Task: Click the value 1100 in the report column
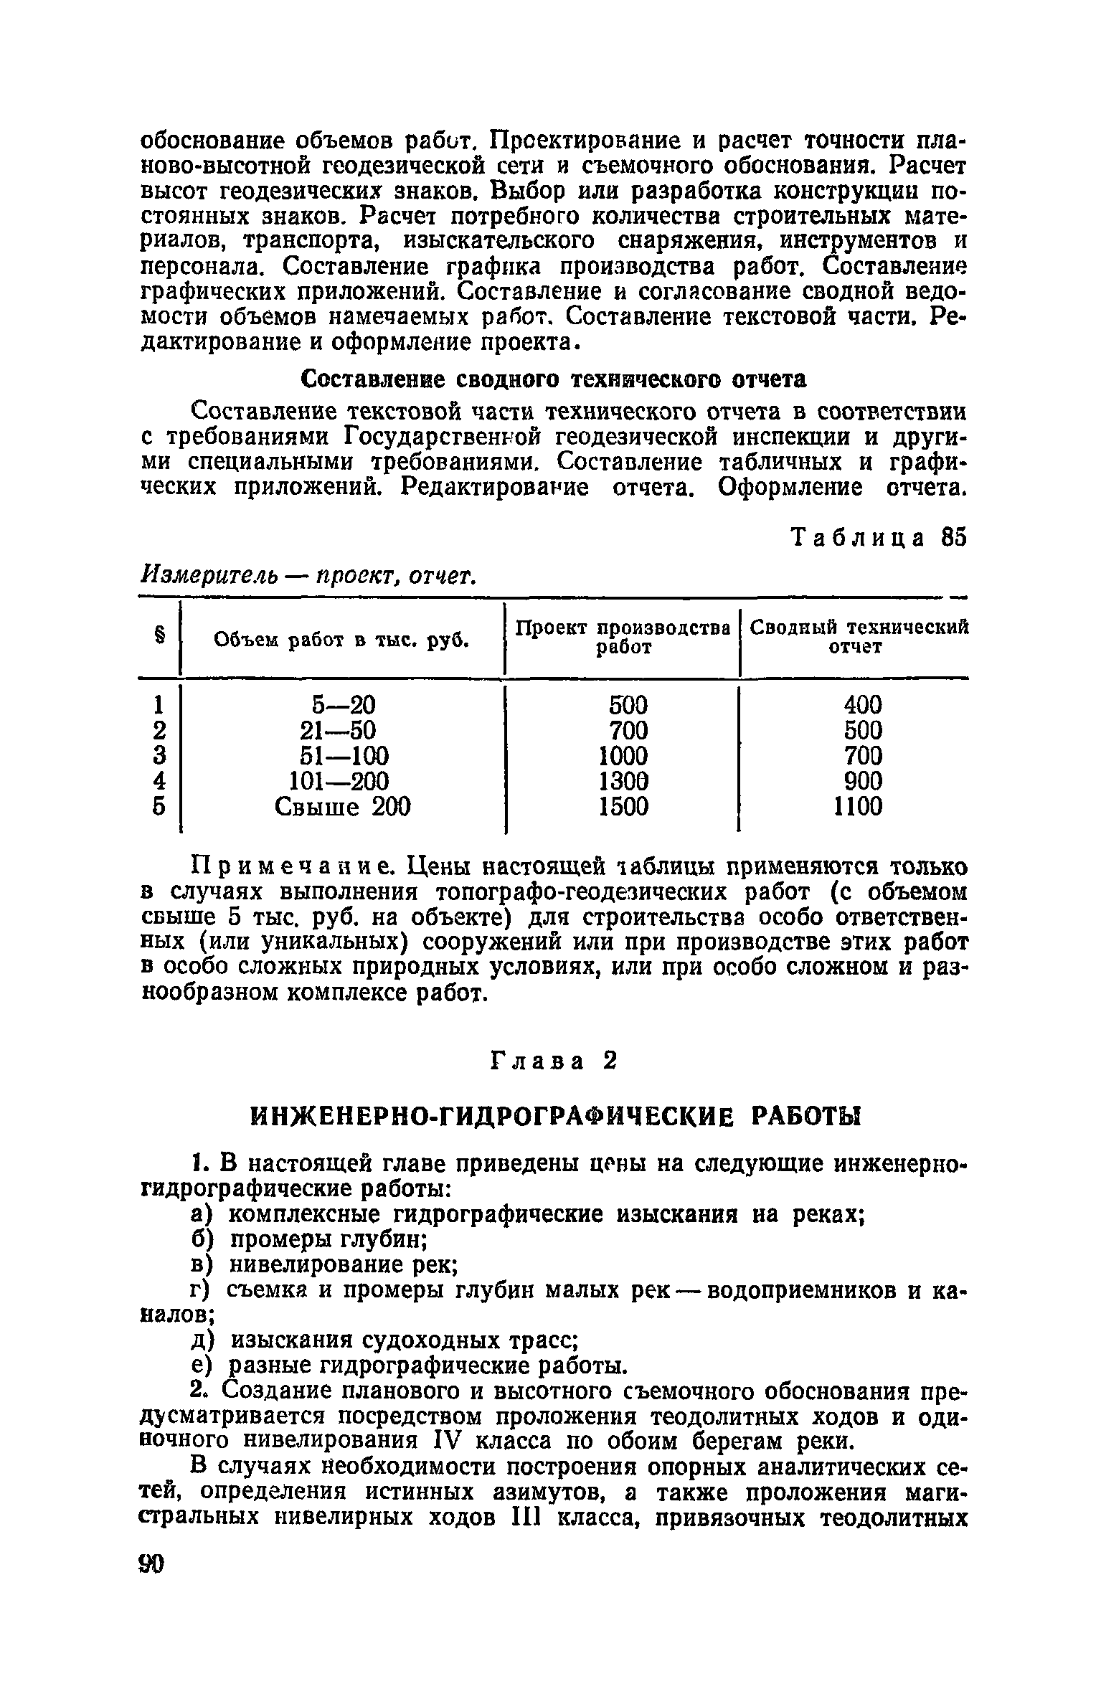pos(858,808)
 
